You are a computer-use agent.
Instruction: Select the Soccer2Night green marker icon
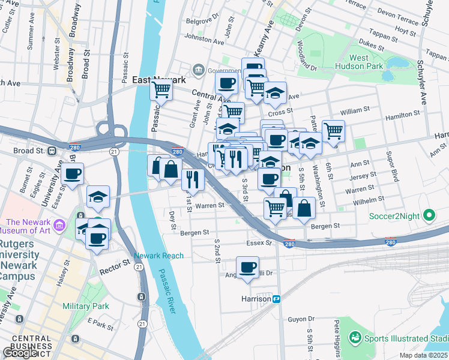[429, 214]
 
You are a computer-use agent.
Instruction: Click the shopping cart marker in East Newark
[161, 90]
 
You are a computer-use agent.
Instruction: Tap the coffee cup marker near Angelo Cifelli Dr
[247, 267]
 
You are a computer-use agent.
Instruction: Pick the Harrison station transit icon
[277, 298]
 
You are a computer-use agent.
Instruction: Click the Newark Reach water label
[158, 256]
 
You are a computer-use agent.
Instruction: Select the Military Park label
[86, 306]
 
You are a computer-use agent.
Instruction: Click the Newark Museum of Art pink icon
[59, 226]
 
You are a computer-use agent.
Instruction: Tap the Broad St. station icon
[52, 151]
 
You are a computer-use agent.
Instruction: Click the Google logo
[20, 352]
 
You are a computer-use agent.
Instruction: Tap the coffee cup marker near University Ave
[72, 174]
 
